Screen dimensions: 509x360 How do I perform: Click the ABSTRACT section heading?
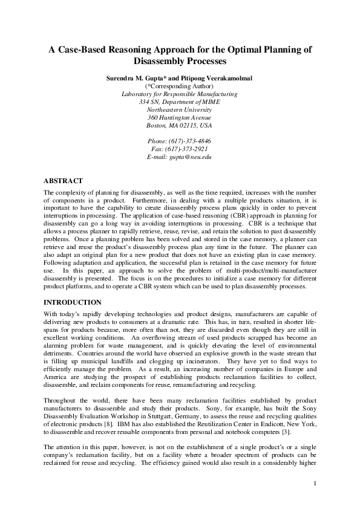tap(62, 181)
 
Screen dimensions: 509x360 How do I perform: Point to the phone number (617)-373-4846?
tap(179, 140)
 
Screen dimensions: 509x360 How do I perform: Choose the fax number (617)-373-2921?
tap(179, 148)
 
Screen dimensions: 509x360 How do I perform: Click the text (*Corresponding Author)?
tap(179, 86)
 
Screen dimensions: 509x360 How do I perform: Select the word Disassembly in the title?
tap(157, 61)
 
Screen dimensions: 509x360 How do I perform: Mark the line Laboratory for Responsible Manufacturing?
tap(179, 94)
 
